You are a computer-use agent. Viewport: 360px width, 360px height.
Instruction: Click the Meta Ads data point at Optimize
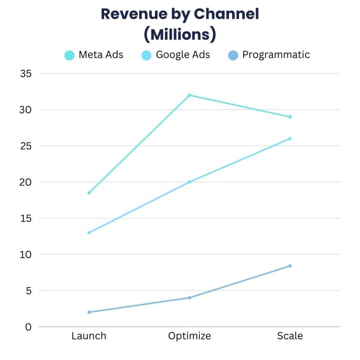point(189,95)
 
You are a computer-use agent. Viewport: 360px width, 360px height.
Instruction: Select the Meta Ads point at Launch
point(89,193)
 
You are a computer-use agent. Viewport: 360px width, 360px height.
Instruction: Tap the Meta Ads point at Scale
point(290,117)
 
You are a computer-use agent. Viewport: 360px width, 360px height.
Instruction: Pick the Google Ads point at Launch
point(89,232)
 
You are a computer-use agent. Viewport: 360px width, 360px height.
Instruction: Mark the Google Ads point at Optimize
point(189,182)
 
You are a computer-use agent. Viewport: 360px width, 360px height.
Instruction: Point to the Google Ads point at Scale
point(290,138)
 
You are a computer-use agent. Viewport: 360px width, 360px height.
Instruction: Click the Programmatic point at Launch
point(89,312)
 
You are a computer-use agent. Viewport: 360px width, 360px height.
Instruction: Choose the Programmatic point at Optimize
point(189,298)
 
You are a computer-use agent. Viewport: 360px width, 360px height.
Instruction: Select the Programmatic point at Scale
point(290,266)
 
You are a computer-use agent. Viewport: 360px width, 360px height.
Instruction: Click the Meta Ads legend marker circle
point(69,55)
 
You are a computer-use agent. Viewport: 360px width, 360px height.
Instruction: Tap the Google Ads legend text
point(183,55)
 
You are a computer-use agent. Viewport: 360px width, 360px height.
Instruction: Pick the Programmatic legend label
point(276,55)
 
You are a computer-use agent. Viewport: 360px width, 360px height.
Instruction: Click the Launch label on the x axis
point(89,336)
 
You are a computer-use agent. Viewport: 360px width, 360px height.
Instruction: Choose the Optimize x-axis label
point(189,336)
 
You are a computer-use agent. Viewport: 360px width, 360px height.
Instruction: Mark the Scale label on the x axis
point(290,336)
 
